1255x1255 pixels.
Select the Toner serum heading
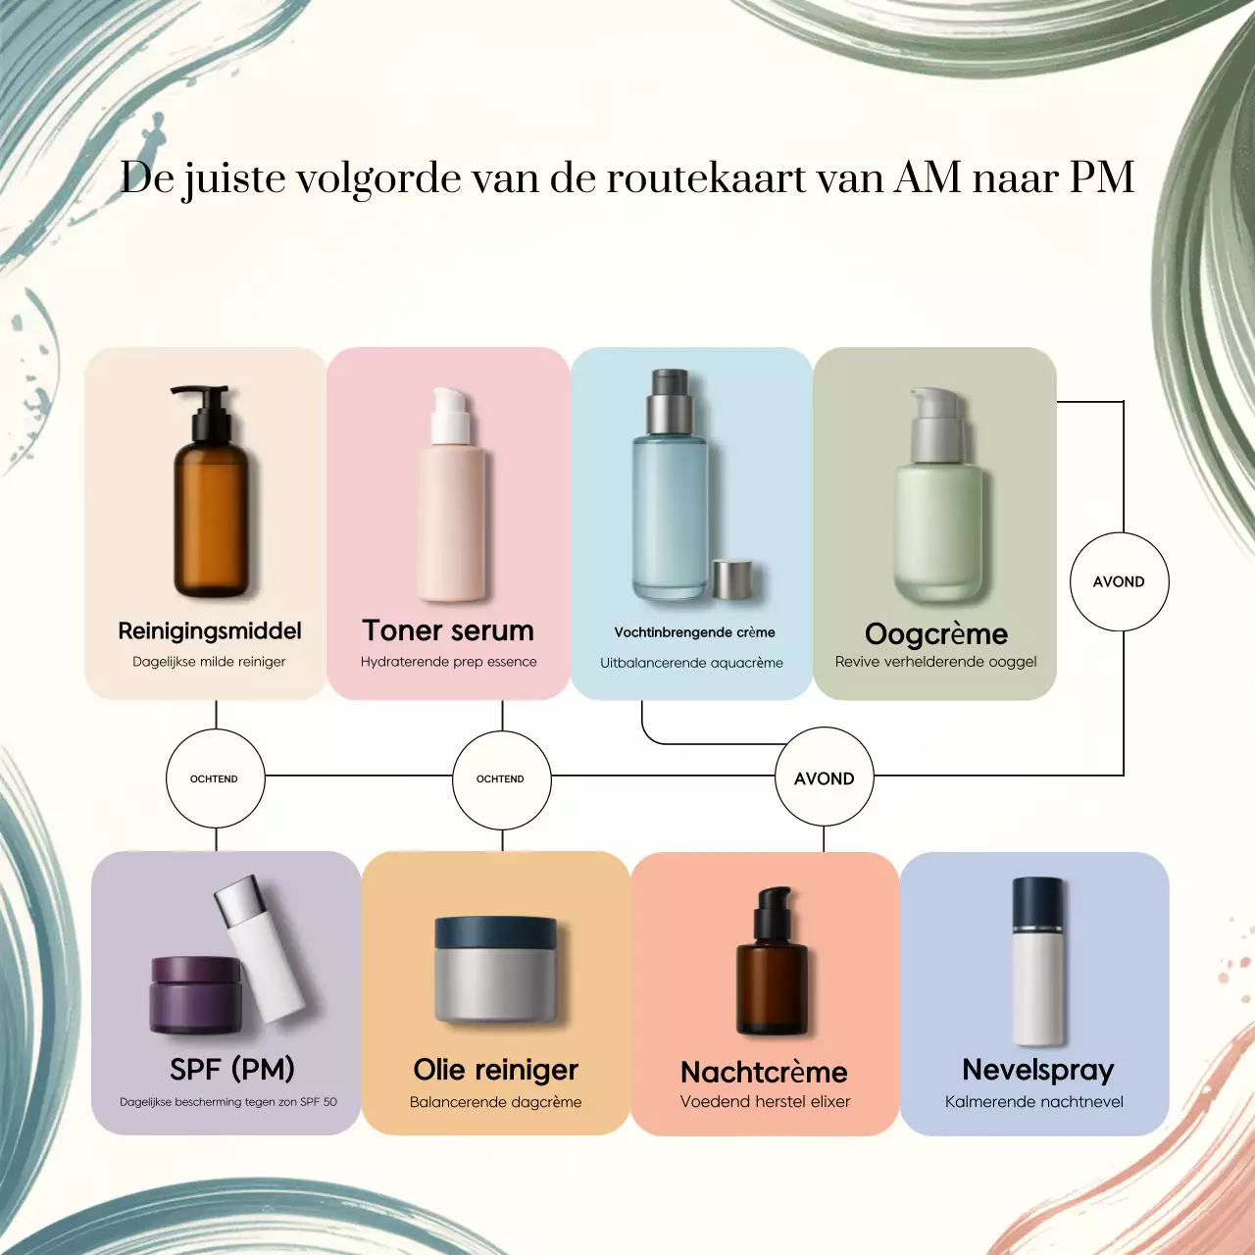(448, 630)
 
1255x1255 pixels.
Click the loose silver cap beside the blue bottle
(731, 578)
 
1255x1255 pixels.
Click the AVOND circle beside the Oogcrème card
(1119, 581)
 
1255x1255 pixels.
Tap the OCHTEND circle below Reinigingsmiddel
(215, 778)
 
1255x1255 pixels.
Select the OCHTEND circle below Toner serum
(501, 778)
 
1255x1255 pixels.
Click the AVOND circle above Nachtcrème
(824, 778)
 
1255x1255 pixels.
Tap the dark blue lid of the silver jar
(496, 930)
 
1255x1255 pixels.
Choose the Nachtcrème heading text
(764, 1072)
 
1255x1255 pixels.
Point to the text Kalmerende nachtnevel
(1034, 1102)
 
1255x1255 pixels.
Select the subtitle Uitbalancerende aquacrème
(691, 663)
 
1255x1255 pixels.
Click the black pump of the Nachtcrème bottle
(770, 908)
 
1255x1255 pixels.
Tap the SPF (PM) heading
(231, 1069)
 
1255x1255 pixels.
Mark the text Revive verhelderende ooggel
(935, 662)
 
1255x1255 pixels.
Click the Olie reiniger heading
(495, 1070)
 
